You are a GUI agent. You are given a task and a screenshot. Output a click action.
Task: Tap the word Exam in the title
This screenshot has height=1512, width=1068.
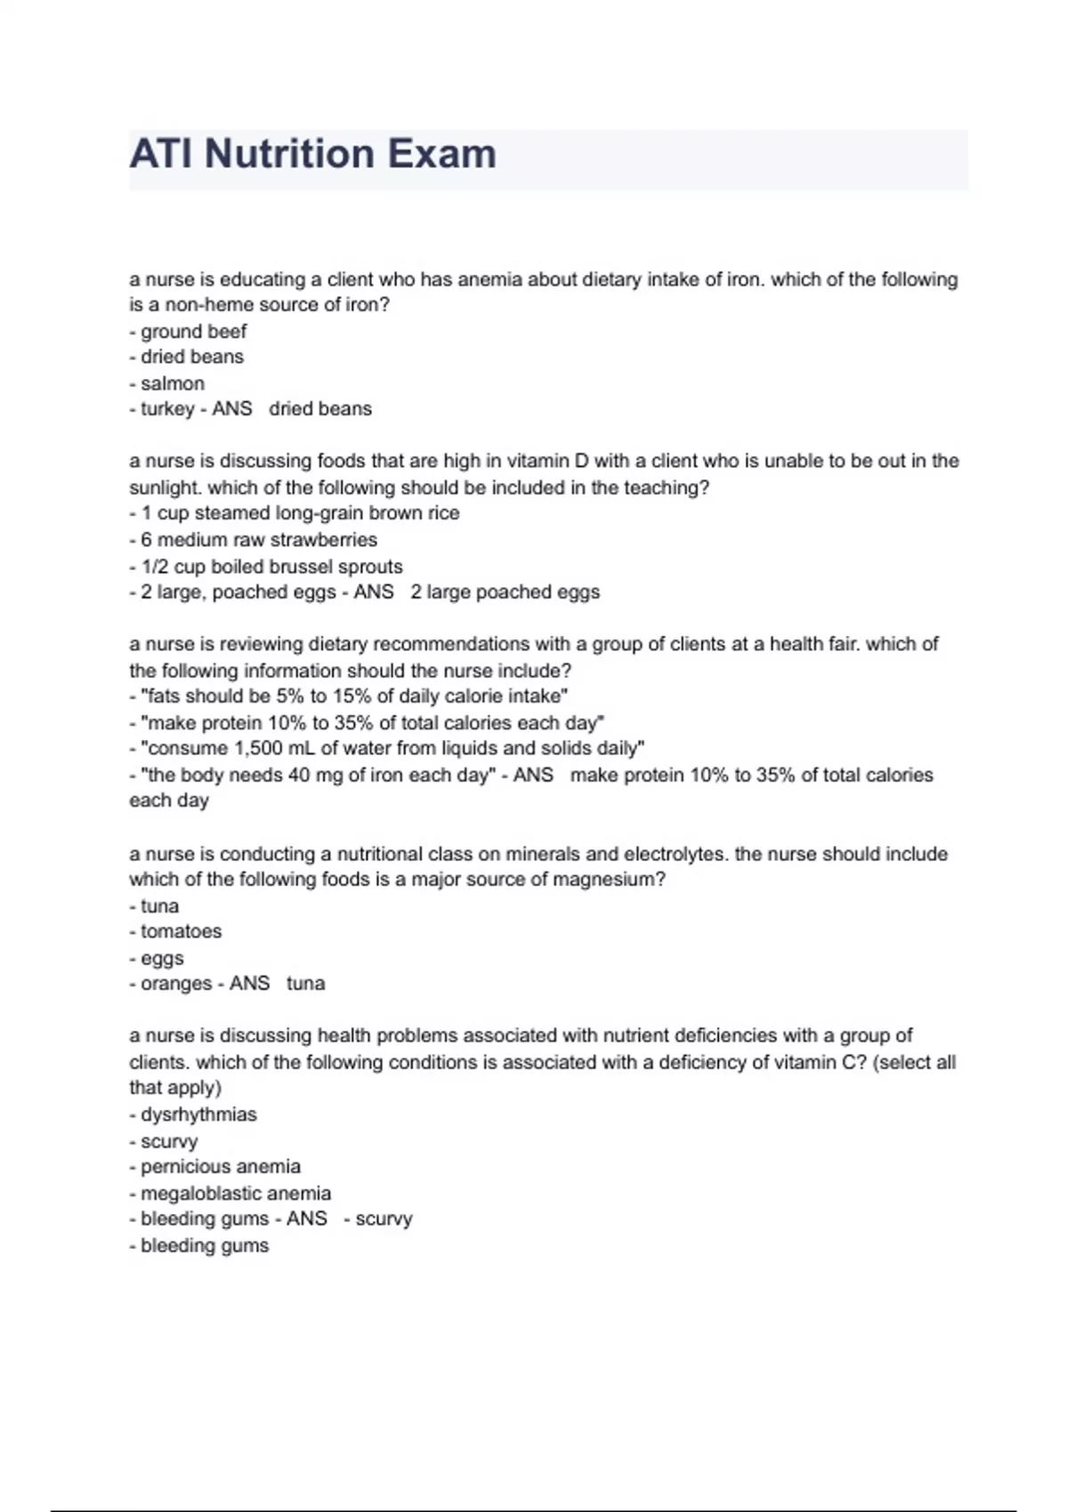[441, 154]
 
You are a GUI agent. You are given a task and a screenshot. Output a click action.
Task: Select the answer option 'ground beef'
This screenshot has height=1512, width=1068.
[193, 332]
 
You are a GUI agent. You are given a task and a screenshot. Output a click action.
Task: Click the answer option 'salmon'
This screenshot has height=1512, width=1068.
[172, 383]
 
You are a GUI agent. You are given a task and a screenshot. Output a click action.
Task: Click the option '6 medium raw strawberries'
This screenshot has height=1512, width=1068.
[258, 540]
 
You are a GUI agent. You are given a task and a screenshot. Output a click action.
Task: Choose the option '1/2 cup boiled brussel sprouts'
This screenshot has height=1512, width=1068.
[271, 567]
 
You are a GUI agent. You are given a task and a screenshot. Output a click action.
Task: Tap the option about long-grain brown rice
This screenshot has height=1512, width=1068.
[300, 513]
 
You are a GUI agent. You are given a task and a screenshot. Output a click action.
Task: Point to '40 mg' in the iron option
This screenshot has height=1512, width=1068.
[315, 775]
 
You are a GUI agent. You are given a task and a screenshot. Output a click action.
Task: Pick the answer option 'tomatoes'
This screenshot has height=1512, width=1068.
[181, 931]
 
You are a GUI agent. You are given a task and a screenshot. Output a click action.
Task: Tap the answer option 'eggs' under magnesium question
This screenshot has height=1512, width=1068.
[162, 958]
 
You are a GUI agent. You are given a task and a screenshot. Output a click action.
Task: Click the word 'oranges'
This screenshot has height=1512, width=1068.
[176, 984]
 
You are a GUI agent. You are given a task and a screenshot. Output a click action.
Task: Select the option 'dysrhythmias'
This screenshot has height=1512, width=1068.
[198, 1114]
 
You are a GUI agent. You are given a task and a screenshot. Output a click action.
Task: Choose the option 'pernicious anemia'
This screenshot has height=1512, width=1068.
[220, 1166]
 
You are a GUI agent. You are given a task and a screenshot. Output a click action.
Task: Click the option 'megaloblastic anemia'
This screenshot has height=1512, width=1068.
[235, 1193]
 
